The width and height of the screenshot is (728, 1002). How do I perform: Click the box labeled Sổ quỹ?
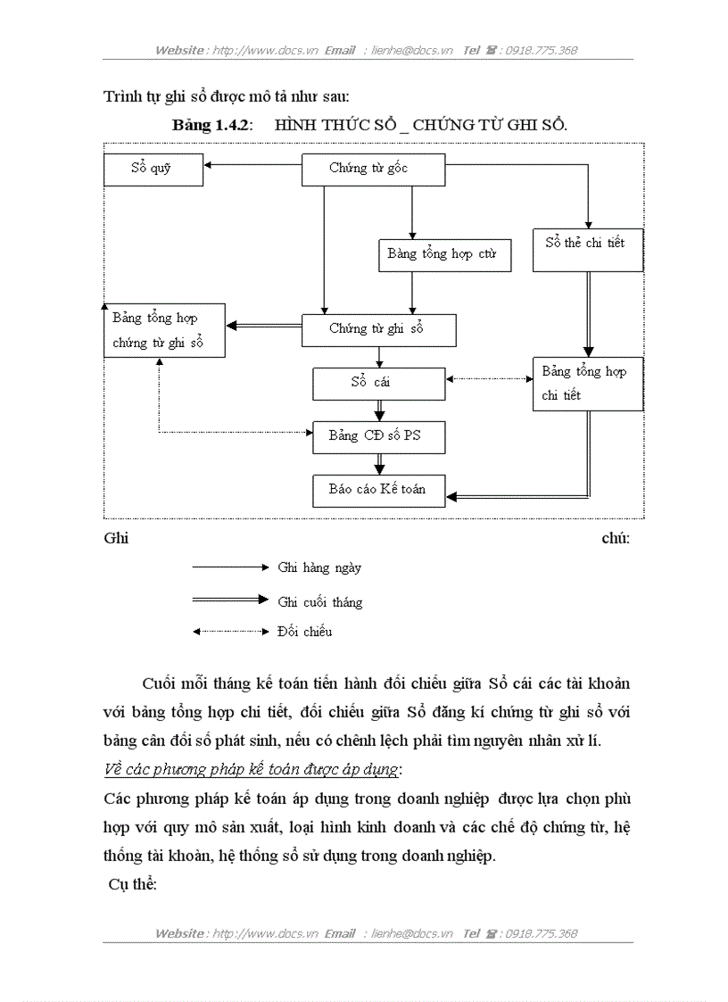click(153, 169)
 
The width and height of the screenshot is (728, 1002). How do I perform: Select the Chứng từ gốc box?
click(373, 169)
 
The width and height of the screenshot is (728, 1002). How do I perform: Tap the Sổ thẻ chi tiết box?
click(587, 249)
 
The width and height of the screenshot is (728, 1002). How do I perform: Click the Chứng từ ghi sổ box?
click(378, 329)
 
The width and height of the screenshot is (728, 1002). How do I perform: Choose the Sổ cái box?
click(378, 384)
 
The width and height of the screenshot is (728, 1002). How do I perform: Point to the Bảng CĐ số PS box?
click(378, 436)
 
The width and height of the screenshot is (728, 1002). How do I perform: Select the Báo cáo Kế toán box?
click(378, 490)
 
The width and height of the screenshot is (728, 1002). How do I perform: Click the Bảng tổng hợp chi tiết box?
click(587, 384)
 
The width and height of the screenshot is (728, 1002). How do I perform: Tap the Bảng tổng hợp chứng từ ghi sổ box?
click(163, 330)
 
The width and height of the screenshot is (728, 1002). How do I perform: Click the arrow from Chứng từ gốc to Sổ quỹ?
click(252, 165)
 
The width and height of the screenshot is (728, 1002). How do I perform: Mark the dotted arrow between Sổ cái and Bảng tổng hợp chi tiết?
click(489, 379)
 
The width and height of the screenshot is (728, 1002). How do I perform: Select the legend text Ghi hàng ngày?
click(319, 567)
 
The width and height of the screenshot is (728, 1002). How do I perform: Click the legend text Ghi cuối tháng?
click(320, 602)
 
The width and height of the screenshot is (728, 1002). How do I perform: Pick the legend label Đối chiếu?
click(304, 632)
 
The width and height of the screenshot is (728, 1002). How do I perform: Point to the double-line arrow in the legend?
click(230, 600)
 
